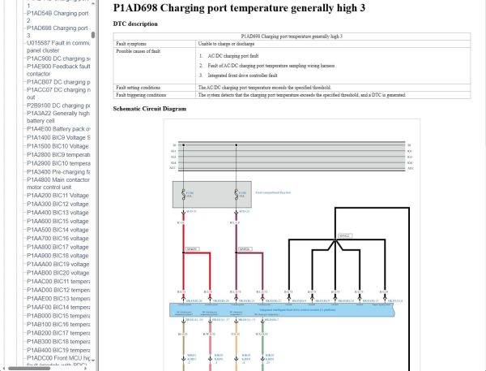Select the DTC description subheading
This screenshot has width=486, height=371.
(135, 24)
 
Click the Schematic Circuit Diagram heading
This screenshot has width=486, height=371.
(149, 108)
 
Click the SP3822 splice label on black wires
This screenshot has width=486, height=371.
(343, 236)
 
